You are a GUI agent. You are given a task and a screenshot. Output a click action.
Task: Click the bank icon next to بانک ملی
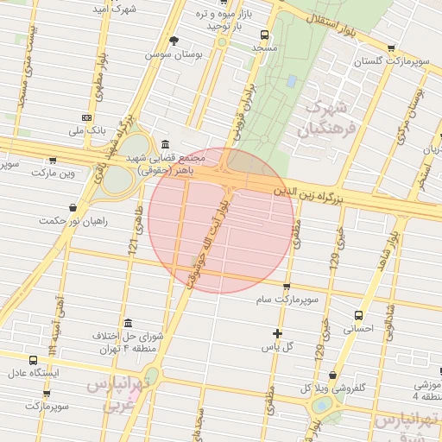pyautogui.click(x=87, y=117)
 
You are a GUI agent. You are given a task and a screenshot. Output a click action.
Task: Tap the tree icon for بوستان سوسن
pyautogui.click(x=174, y=40)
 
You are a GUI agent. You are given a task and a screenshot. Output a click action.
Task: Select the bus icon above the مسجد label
pyautogui.click(x=263, y=36)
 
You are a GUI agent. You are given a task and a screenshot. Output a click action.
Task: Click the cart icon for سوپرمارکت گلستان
pyautogui.click(x=393, y=48)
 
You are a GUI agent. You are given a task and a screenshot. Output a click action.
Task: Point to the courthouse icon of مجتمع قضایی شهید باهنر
pyautogui.click(x=166, y=144)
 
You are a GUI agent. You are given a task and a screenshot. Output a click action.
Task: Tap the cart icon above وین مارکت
pyautogui.click(x=53, y=160)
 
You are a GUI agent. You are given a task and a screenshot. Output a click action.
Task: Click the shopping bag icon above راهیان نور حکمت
pyautogui.click(x=73, y=207)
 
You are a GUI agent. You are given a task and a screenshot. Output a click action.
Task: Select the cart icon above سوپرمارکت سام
pyautogui.click(x=287, y=286)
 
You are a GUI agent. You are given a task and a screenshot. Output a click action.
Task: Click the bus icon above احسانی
pyautogui.click(x=358, y=315)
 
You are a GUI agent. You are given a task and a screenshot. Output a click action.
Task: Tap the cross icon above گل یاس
pyautogui.click(x=277, y=333)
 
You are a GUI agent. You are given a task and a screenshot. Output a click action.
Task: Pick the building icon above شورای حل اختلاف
pyautogui.click(x=128, y=322)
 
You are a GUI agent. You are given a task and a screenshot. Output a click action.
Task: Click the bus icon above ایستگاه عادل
pyautogui.click(x=33, y=360)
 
